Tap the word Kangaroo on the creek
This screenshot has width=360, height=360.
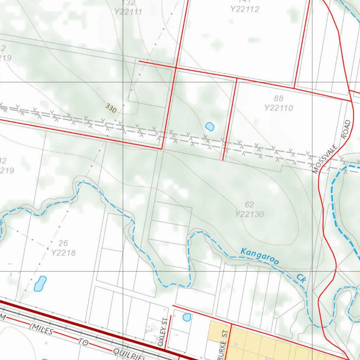coord(260,256)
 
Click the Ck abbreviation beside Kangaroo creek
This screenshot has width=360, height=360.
coord(301,278)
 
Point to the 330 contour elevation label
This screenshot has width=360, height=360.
coord(111,109)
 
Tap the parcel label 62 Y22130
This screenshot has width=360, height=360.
coord(249,210)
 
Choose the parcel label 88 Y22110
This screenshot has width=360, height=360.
coord(278,103)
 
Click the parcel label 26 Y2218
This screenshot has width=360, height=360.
coord(63,248)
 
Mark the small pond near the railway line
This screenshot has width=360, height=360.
coord(210,127)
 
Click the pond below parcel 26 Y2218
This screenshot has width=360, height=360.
coord(40,283)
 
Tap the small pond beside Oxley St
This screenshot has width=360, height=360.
coord(187,317)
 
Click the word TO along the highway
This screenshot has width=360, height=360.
coord(83,342)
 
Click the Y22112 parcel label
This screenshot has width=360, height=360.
coord(245,9)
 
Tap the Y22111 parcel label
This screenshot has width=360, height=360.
coord(128,12)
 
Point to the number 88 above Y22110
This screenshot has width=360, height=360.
coord(278,98)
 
